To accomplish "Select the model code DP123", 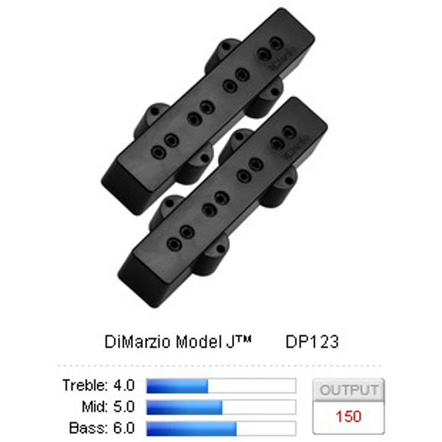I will click(x=312, y=342).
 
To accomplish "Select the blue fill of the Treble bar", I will click(x=177, y=386).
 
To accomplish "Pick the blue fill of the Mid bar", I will click(x=184, y=407).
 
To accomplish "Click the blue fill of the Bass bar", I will click(x=191, y=429).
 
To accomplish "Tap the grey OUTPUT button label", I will click(x=349, y=390).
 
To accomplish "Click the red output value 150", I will click(x=349, y=416).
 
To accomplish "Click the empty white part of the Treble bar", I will click(x=251, y=386).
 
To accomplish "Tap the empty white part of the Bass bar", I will click(x=265, y=429).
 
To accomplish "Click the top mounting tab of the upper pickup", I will click(x=226, y=50).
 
